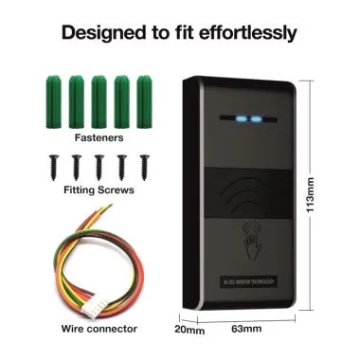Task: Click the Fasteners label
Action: point(96,136)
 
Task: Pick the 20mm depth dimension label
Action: point(189,331)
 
